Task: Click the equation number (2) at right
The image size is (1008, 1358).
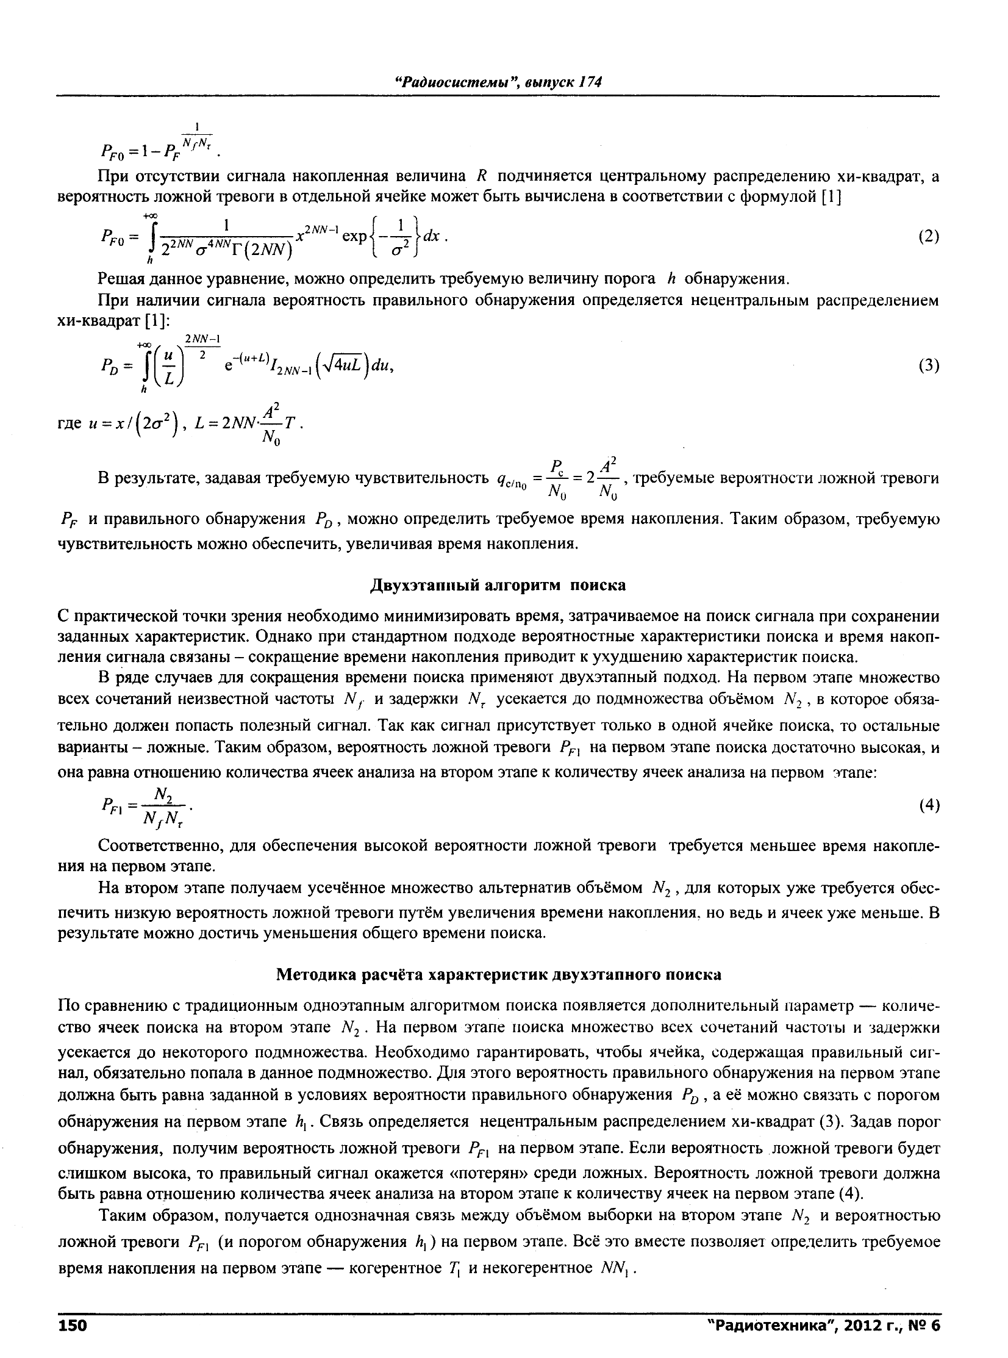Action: [928, 237]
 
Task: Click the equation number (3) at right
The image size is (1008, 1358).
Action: [928, 365]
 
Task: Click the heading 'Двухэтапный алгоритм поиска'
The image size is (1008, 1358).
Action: [498, 585]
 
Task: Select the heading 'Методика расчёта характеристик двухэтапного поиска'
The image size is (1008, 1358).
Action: [498, 975]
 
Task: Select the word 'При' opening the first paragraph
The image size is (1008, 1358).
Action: [111, 177]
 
